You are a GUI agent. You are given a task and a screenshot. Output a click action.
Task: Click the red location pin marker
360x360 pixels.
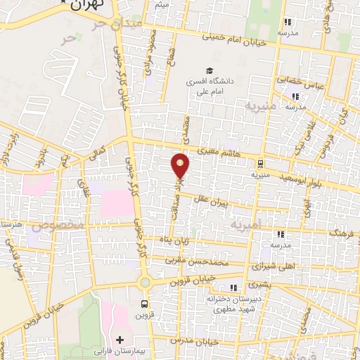tap(181, 165)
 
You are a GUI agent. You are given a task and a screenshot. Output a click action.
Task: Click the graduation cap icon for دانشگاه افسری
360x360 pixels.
tap(209, 70)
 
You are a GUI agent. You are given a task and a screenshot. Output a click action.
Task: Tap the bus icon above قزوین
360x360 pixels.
tap(144, 304)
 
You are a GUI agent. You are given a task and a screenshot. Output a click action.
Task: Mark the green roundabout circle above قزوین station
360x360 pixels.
tap(146, 282)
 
